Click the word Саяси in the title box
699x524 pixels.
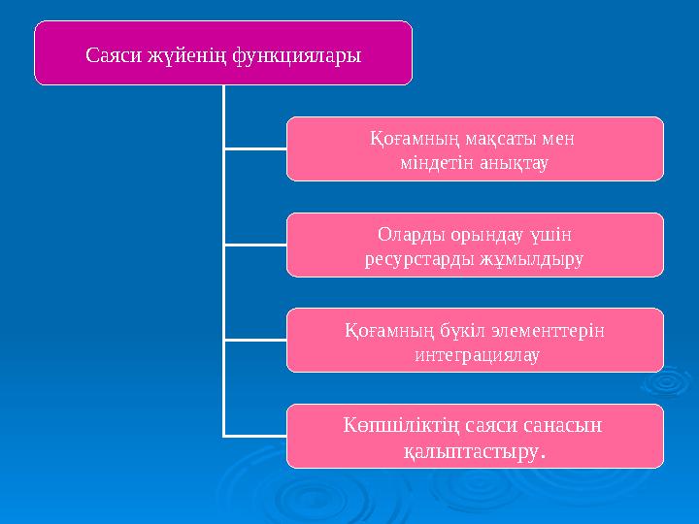[x=113, y=55]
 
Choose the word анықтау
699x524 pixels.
[x=512, y=162]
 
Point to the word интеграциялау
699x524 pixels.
[x=475, y=354]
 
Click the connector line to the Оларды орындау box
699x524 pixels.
[x=254, y=246]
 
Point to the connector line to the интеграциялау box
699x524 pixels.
[x=254, y=341]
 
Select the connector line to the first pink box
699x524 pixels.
[x=254, y=149]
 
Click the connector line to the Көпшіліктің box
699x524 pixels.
[x=254, y=436]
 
